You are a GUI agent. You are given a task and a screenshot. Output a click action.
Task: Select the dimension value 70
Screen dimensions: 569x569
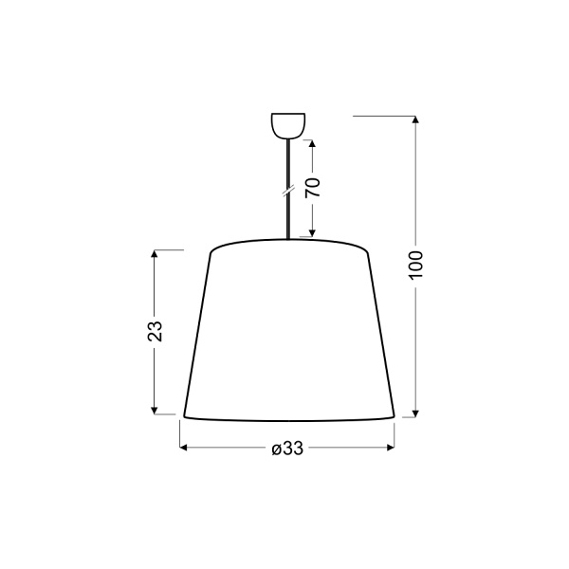(x=313, y=187)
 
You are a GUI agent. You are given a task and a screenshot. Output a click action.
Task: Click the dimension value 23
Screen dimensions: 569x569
(x=156, y=331)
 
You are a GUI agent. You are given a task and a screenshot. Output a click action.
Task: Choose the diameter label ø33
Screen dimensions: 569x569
(x=286, y=450)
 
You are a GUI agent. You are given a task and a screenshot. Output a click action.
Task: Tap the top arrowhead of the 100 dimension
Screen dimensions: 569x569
(x=416, y=120)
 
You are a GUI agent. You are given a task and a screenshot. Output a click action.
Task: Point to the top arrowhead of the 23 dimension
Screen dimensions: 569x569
(x=156, y=255)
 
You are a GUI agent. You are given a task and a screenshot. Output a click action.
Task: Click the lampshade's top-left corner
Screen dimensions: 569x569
(x=210, y=251)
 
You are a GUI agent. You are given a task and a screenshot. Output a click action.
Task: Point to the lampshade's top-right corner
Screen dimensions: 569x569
(x=367, y=251)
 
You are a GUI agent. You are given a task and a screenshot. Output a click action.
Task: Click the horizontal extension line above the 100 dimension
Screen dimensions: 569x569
(x=384, y=116)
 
